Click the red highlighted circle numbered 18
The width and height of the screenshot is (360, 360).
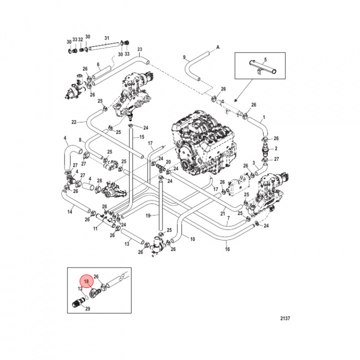(x=86, y=281)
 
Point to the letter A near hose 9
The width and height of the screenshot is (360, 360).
(x=218, y=47)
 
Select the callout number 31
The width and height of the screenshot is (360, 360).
(x=106, y=38)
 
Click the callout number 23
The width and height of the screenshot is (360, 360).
(x=139, y=49)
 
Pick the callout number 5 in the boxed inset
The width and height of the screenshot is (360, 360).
(x=265, y=59)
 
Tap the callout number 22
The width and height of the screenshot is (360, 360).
(x=73, y=121)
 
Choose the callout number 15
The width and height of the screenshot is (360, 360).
(x=141, y=137)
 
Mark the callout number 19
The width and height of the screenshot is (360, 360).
(x=148, y=215)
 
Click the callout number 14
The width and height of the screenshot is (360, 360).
(x=70, y=212)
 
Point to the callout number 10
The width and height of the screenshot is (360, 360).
(x=192, y=239)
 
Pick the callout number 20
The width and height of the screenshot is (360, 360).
(x=168, y=162)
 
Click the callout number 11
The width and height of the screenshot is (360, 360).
(x=95, y=228)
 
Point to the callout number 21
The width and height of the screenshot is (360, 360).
(x=223, y=214)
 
